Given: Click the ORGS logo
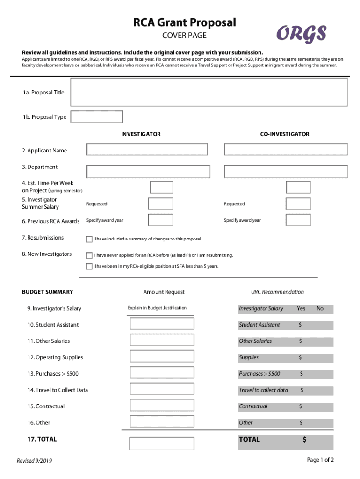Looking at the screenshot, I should (301, 34).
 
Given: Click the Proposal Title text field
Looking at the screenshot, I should (209, 92).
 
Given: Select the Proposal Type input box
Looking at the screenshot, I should (96, 116).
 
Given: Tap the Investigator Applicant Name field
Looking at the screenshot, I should (147, 149).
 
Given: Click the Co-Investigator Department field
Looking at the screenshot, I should (286, 171).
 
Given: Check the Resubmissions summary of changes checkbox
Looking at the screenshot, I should (89, 239).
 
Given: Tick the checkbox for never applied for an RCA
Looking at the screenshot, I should (89, 255).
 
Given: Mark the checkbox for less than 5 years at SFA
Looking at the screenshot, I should (89, 266).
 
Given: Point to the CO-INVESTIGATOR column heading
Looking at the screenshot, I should (285, 134).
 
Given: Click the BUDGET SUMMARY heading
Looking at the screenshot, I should (48, 292).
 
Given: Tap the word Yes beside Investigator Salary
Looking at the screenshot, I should (301, 308).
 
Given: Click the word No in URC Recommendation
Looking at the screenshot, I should (320, 308).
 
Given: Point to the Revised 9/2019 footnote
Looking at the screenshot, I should (35, 461).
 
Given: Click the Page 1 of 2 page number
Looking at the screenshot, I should (320, 460).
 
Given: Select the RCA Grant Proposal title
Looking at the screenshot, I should (185, 22).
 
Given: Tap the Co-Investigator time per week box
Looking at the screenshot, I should (298, 188).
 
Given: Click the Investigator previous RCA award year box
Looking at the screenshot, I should (160, 220).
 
